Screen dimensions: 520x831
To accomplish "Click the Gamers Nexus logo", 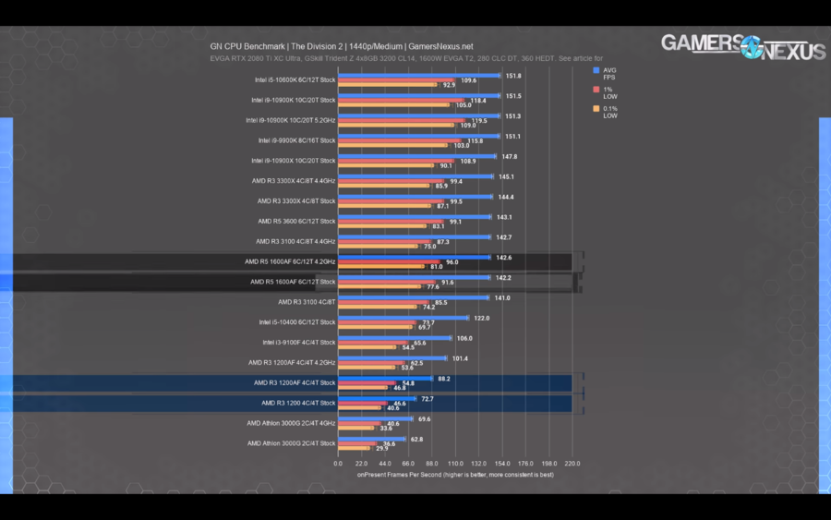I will click(x=742, y=47).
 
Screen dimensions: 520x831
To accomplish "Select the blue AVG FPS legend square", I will click(x=596, y=70).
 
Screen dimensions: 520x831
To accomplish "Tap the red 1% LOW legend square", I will click(x=596, y=90).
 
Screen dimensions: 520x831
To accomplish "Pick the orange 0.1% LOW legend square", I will click(x=596, y=108).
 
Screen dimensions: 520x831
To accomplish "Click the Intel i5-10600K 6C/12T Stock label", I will click(x=295, y=79).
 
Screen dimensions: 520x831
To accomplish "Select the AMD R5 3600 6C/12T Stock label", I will click(x=296, y=221).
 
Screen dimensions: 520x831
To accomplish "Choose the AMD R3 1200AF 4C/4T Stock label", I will click(x=295, y=382).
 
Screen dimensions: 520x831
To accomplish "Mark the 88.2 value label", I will click(x=444, y=378).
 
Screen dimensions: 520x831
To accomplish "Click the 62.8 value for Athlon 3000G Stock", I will click(x=416, y=439).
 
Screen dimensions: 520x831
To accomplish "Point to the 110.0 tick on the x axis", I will click(x=455, y=464).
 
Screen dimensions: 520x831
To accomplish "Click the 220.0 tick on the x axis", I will click(x=572, y=464).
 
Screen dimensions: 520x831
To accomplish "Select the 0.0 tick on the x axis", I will click(x=338, y=464).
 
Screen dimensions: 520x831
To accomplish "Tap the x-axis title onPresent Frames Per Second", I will click(x=455, y=475).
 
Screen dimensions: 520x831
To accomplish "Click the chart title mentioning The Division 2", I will click(x=342, y=46).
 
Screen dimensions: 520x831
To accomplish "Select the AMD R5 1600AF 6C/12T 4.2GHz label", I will click(x=291, y=261).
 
